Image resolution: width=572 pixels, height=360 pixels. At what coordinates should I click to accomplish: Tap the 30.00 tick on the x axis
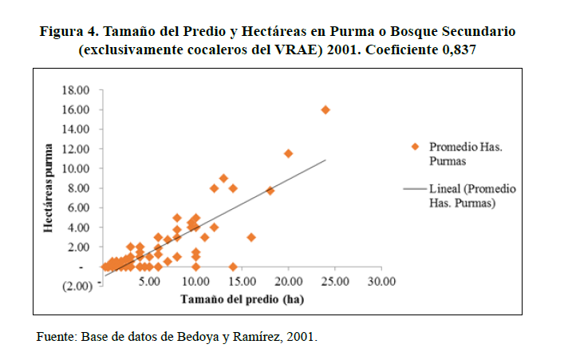click(x=381, y=281)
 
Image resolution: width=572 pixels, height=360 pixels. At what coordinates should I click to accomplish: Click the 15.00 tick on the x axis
click(x=242, y=281)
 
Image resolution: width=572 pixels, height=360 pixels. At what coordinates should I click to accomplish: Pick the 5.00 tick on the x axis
click(x=151, y=281)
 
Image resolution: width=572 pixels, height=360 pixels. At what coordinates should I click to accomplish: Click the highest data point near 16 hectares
click(x=325, y=110)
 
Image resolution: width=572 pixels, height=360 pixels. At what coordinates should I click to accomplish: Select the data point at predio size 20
click(x=288, y=153)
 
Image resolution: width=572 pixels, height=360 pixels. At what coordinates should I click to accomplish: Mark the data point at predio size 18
click(x=270, y=191)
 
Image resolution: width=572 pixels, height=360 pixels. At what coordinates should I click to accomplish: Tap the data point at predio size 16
click(x=251, y=237)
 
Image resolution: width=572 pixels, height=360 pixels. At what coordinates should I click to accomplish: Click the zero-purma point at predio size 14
click(x=233, y=267)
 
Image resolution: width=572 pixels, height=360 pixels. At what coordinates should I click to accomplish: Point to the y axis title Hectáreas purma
click(x=49, y=188)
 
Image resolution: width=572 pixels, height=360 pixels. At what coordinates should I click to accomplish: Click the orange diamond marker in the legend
click(x=415, y=147)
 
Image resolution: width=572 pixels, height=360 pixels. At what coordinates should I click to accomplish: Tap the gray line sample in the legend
click(x=415, y=190)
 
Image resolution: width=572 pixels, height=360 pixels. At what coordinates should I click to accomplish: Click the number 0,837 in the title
click(x=496, y=49)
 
